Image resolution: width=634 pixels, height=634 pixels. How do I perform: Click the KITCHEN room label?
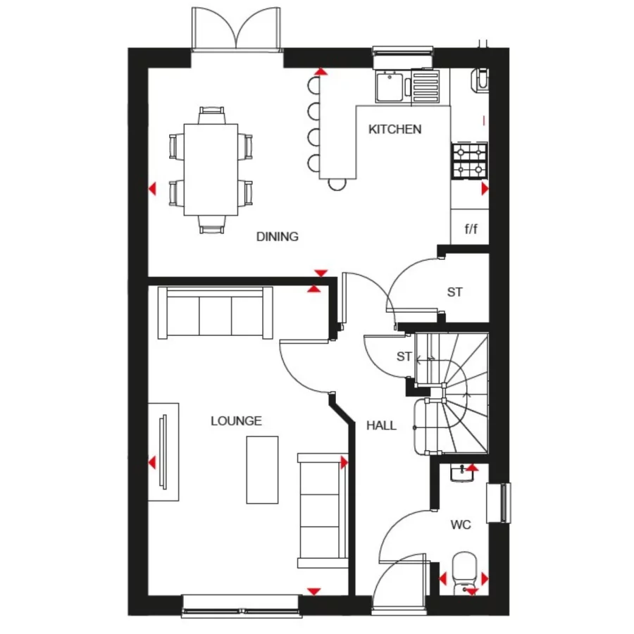click(x=395, y=130)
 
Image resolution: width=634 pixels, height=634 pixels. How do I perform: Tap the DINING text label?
click(x=277, y=237)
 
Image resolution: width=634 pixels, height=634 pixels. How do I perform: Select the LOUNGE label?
click(x=236, y=421)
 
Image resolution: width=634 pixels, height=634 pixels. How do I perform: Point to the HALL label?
click(x=381, y=425)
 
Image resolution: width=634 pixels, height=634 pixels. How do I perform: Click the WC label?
click(x=461, y=525)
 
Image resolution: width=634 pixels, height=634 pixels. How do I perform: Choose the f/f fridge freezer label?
click(x=470, y=229)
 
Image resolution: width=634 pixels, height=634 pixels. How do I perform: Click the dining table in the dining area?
click(x=211, y=169)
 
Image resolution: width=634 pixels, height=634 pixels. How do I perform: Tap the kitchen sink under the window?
click(x=389, y=87)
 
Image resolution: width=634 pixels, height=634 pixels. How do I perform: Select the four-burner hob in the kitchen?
click(x=469, y=161)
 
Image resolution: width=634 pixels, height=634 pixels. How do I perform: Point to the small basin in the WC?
click(x=462, y=473)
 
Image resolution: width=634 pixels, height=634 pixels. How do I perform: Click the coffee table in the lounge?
click(x=262, y=469)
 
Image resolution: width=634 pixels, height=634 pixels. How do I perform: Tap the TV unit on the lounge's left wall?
click(x=163, y=452)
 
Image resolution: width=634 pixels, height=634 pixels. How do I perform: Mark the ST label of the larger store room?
click(x=455, y=292)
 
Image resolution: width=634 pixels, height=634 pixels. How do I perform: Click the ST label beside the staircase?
click(x=403, y=356)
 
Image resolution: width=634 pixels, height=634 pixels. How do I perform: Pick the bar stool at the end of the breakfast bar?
click(x=337, y=184)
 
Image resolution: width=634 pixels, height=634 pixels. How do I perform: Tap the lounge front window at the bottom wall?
click(x=241, y=604)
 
